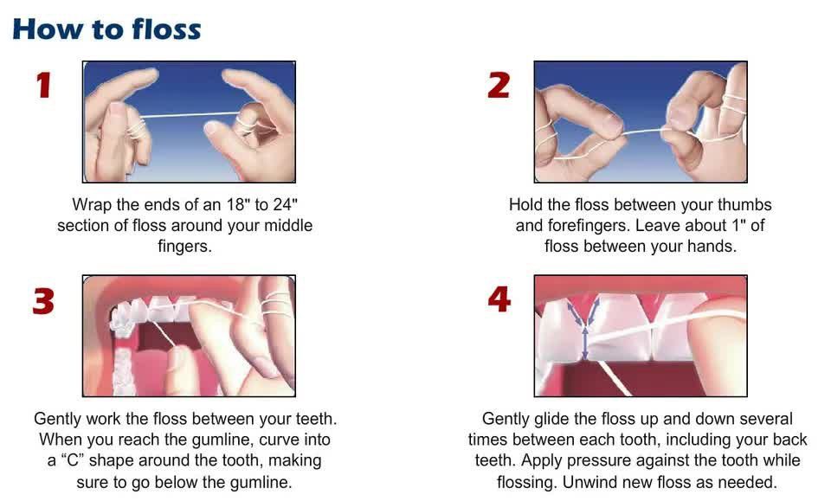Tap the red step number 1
43,87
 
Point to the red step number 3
43,301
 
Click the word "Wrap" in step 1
91,205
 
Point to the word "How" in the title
45,29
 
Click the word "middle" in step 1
287,226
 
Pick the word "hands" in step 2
712,247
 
